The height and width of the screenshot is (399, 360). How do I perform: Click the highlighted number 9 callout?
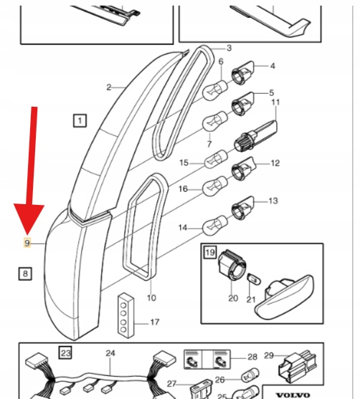pyautogui.click(x=27, y=243)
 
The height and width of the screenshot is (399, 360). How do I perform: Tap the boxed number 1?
pyautogui.click(x=80, y=120)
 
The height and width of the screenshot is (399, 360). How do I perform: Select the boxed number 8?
pyautogui.click(x=25, y=274)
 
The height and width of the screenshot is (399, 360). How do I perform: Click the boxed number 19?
pyautogui.click(x=210, y=252)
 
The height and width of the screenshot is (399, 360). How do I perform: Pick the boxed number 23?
pyautogui.click(x=65, y=352)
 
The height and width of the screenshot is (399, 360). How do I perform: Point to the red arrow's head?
pyautogui.click(x=29, y=218)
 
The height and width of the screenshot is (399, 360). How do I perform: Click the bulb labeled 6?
pyautogui.click(x=214, y=90)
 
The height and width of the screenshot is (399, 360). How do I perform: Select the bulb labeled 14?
pyautogui.click(x=214, y=225)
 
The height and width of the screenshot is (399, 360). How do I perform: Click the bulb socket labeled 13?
pyautogui.click(x=242, y=208)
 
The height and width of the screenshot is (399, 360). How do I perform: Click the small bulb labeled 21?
pyautogui.click(x=254, y=279)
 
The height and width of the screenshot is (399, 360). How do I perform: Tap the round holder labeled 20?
pyautogui.click(x=232, y=264)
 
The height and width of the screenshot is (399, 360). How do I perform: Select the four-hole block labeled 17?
pyautogui.click(x=125, y=315)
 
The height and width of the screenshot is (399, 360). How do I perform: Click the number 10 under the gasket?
pyautogui.click(x=151, y=298)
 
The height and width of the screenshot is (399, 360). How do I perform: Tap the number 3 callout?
pyautogui.click(x=229, y=48)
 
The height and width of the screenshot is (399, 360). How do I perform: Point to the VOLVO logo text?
pyautogui.click(x=293, y=395)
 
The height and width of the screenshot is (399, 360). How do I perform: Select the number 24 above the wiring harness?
pyautogui.click(x=110, y=353)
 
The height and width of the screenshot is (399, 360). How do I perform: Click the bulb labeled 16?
pyautogui.click(x=214, y=186)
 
